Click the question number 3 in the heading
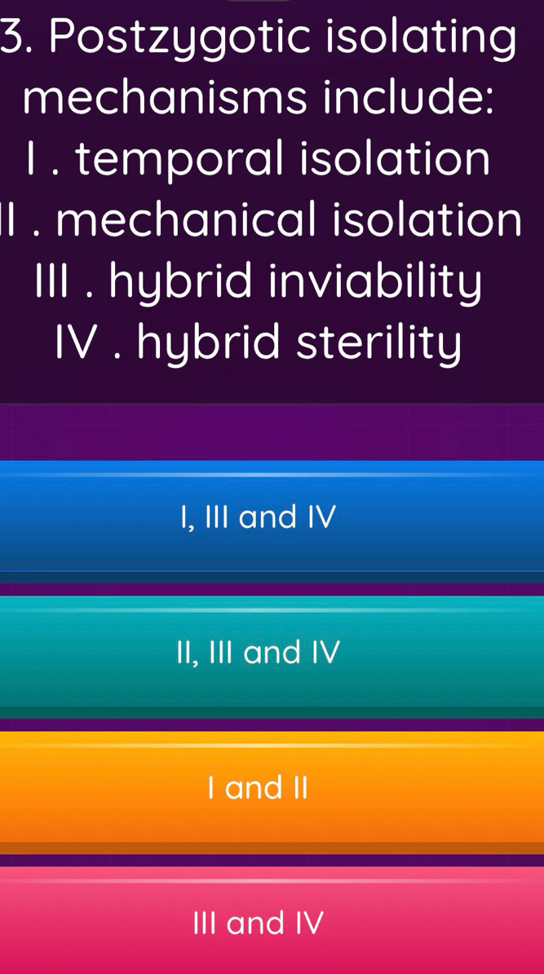[x=13, y=38]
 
